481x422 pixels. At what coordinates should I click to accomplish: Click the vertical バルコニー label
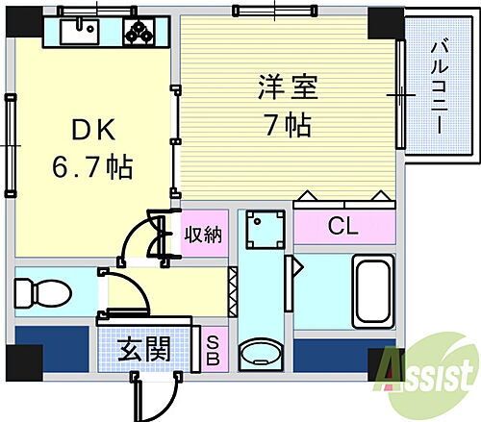pos(438,86)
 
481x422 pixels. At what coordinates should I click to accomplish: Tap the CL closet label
pos(342,228)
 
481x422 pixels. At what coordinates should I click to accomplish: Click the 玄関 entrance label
pos(145,348)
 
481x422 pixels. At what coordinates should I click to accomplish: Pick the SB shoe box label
pos(211,347)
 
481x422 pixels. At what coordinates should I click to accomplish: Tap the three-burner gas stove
pos(142,33)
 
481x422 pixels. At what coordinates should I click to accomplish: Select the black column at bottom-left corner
pos(20,363)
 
